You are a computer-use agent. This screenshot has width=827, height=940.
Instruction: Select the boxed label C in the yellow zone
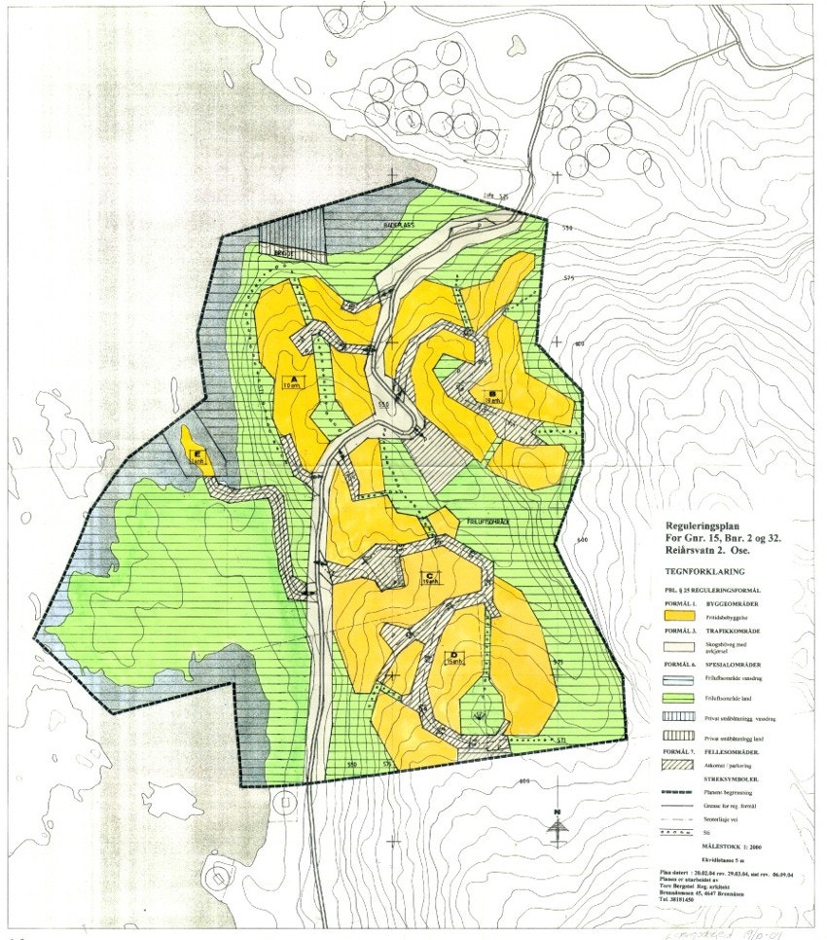[428, 576]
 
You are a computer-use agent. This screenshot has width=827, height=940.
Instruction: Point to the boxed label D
[451, 656]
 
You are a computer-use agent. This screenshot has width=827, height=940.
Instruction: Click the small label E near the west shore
[198, 455]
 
